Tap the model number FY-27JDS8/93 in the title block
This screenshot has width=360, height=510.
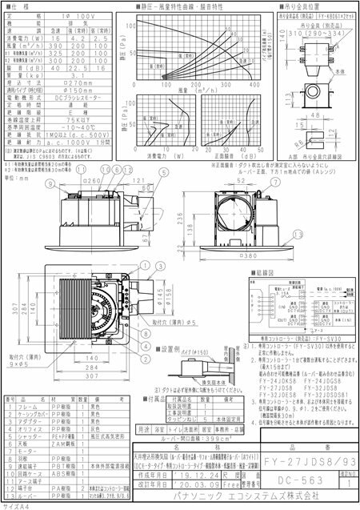[x=310, y=462]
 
